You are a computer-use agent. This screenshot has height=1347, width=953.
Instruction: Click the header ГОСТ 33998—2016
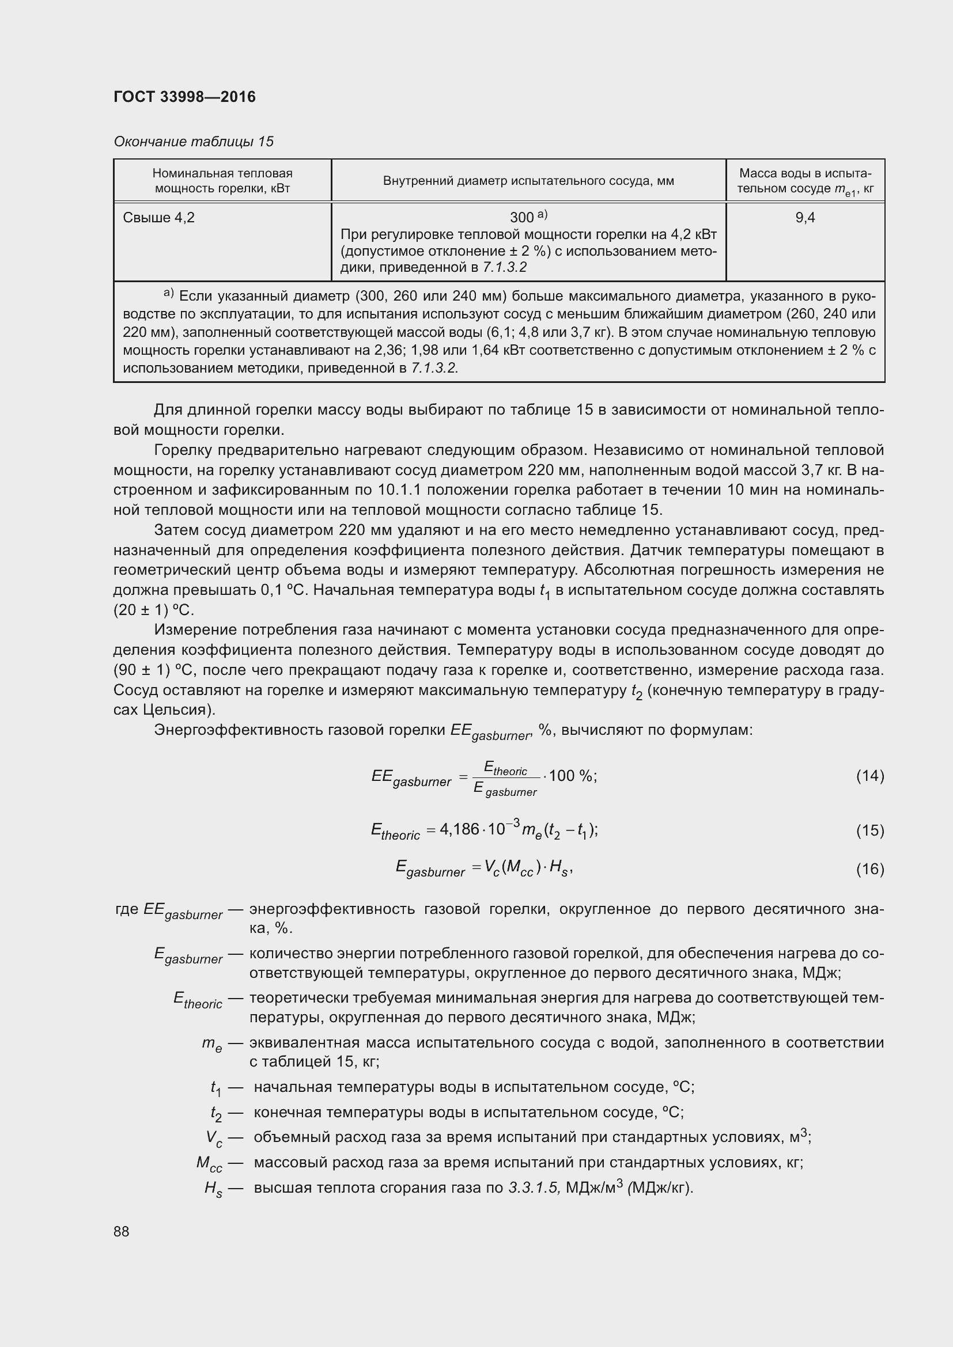184,97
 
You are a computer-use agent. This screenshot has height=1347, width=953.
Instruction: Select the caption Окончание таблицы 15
194,142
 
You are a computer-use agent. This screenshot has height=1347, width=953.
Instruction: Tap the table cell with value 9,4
804,218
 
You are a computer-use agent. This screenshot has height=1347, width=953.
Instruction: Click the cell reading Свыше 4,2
158,218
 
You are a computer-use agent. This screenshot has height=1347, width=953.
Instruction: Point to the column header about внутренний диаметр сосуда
528,181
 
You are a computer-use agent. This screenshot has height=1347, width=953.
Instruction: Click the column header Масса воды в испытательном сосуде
804,181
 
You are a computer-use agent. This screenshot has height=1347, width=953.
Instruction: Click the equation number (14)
869,776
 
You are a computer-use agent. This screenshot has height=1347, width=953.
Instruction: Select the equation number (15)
869,830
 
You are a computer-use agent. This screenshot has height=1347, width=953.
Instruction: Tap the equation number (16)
869,868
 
